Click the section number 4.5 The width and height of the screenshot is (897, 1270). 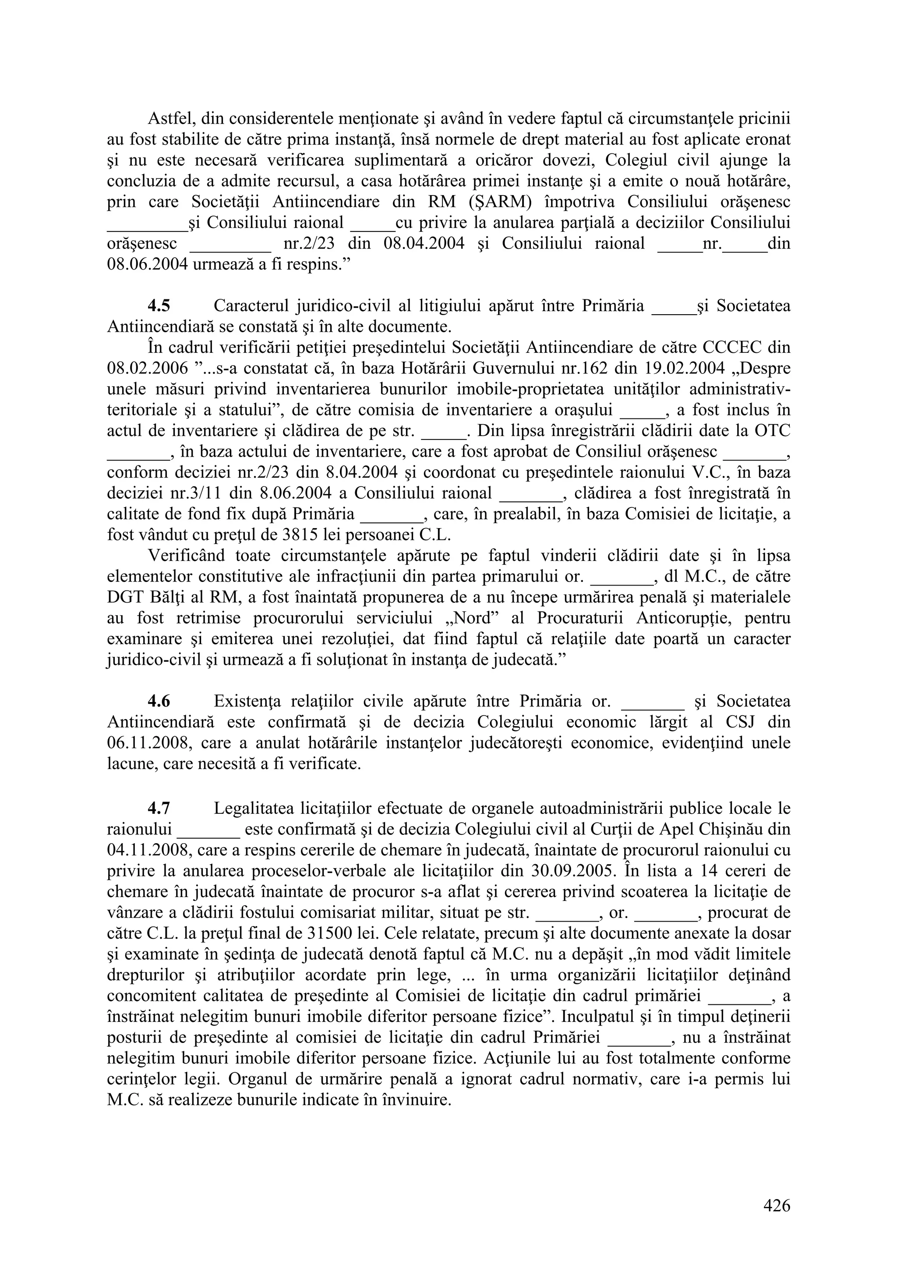click(x=159, y=306)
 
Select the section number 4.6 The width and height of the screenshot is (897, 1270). click(x=159, y=701)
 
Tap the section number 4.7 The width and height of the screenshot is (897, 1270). click(x=159, y=809)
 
